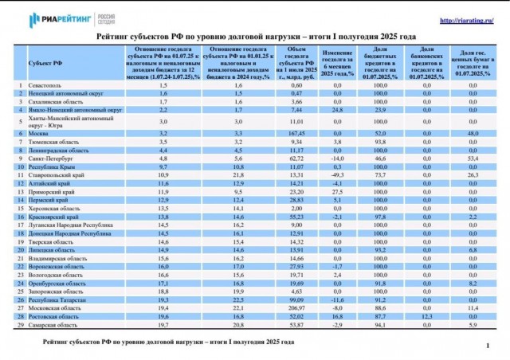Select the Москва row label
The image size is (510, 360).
[40, 133]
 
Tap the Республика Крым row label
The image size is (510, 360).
[53, 167]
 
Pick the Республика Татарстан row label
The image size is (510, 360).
[58, 299]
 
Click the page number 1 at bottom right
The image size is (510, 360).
[486, 347]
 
